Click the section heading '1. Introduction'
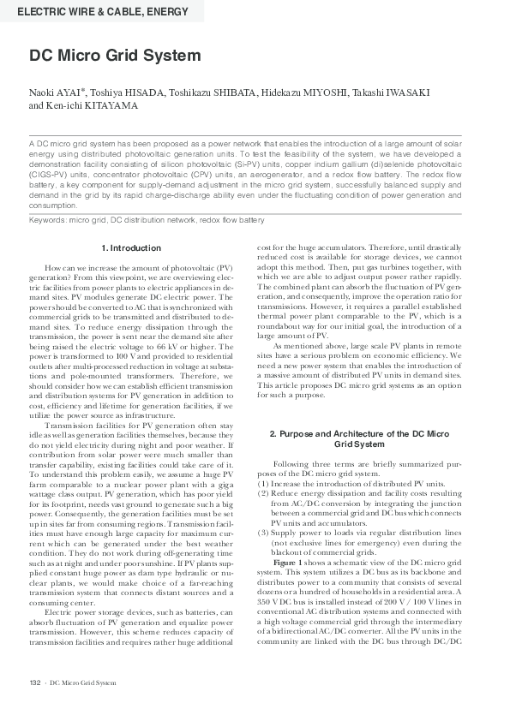[x=131, y=248]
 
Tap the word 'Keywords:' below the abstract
[x=47, y=220]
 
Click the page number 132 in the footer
[x=35, y=706]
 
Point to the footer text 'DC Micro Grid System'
[x=82, y=706]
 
